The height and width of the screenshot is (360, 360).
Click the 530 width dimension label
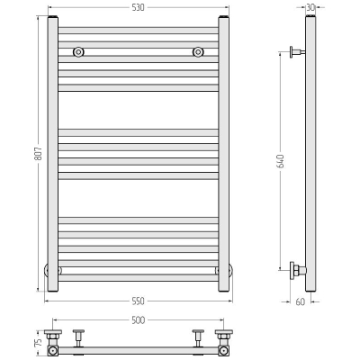click(139, 7)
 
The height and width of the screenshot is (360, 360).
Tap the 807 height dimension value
click(39, 153)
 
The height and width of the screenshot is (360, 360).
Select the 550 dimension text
click(139, 301)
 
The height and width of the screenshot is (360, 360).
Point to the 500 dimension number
click(139, 320)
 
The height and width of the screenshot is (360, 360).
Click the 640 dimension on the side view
click(281, 161)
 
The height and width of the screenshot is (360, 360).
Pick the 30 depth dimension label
click(310, 7)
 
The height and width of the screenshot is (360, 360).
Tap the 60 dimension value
click(301, 301)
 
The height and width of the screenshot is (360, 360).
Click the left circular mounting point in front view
click(78, 52)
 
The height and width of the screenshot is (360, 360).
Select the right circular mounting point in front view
click(198, 52)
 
